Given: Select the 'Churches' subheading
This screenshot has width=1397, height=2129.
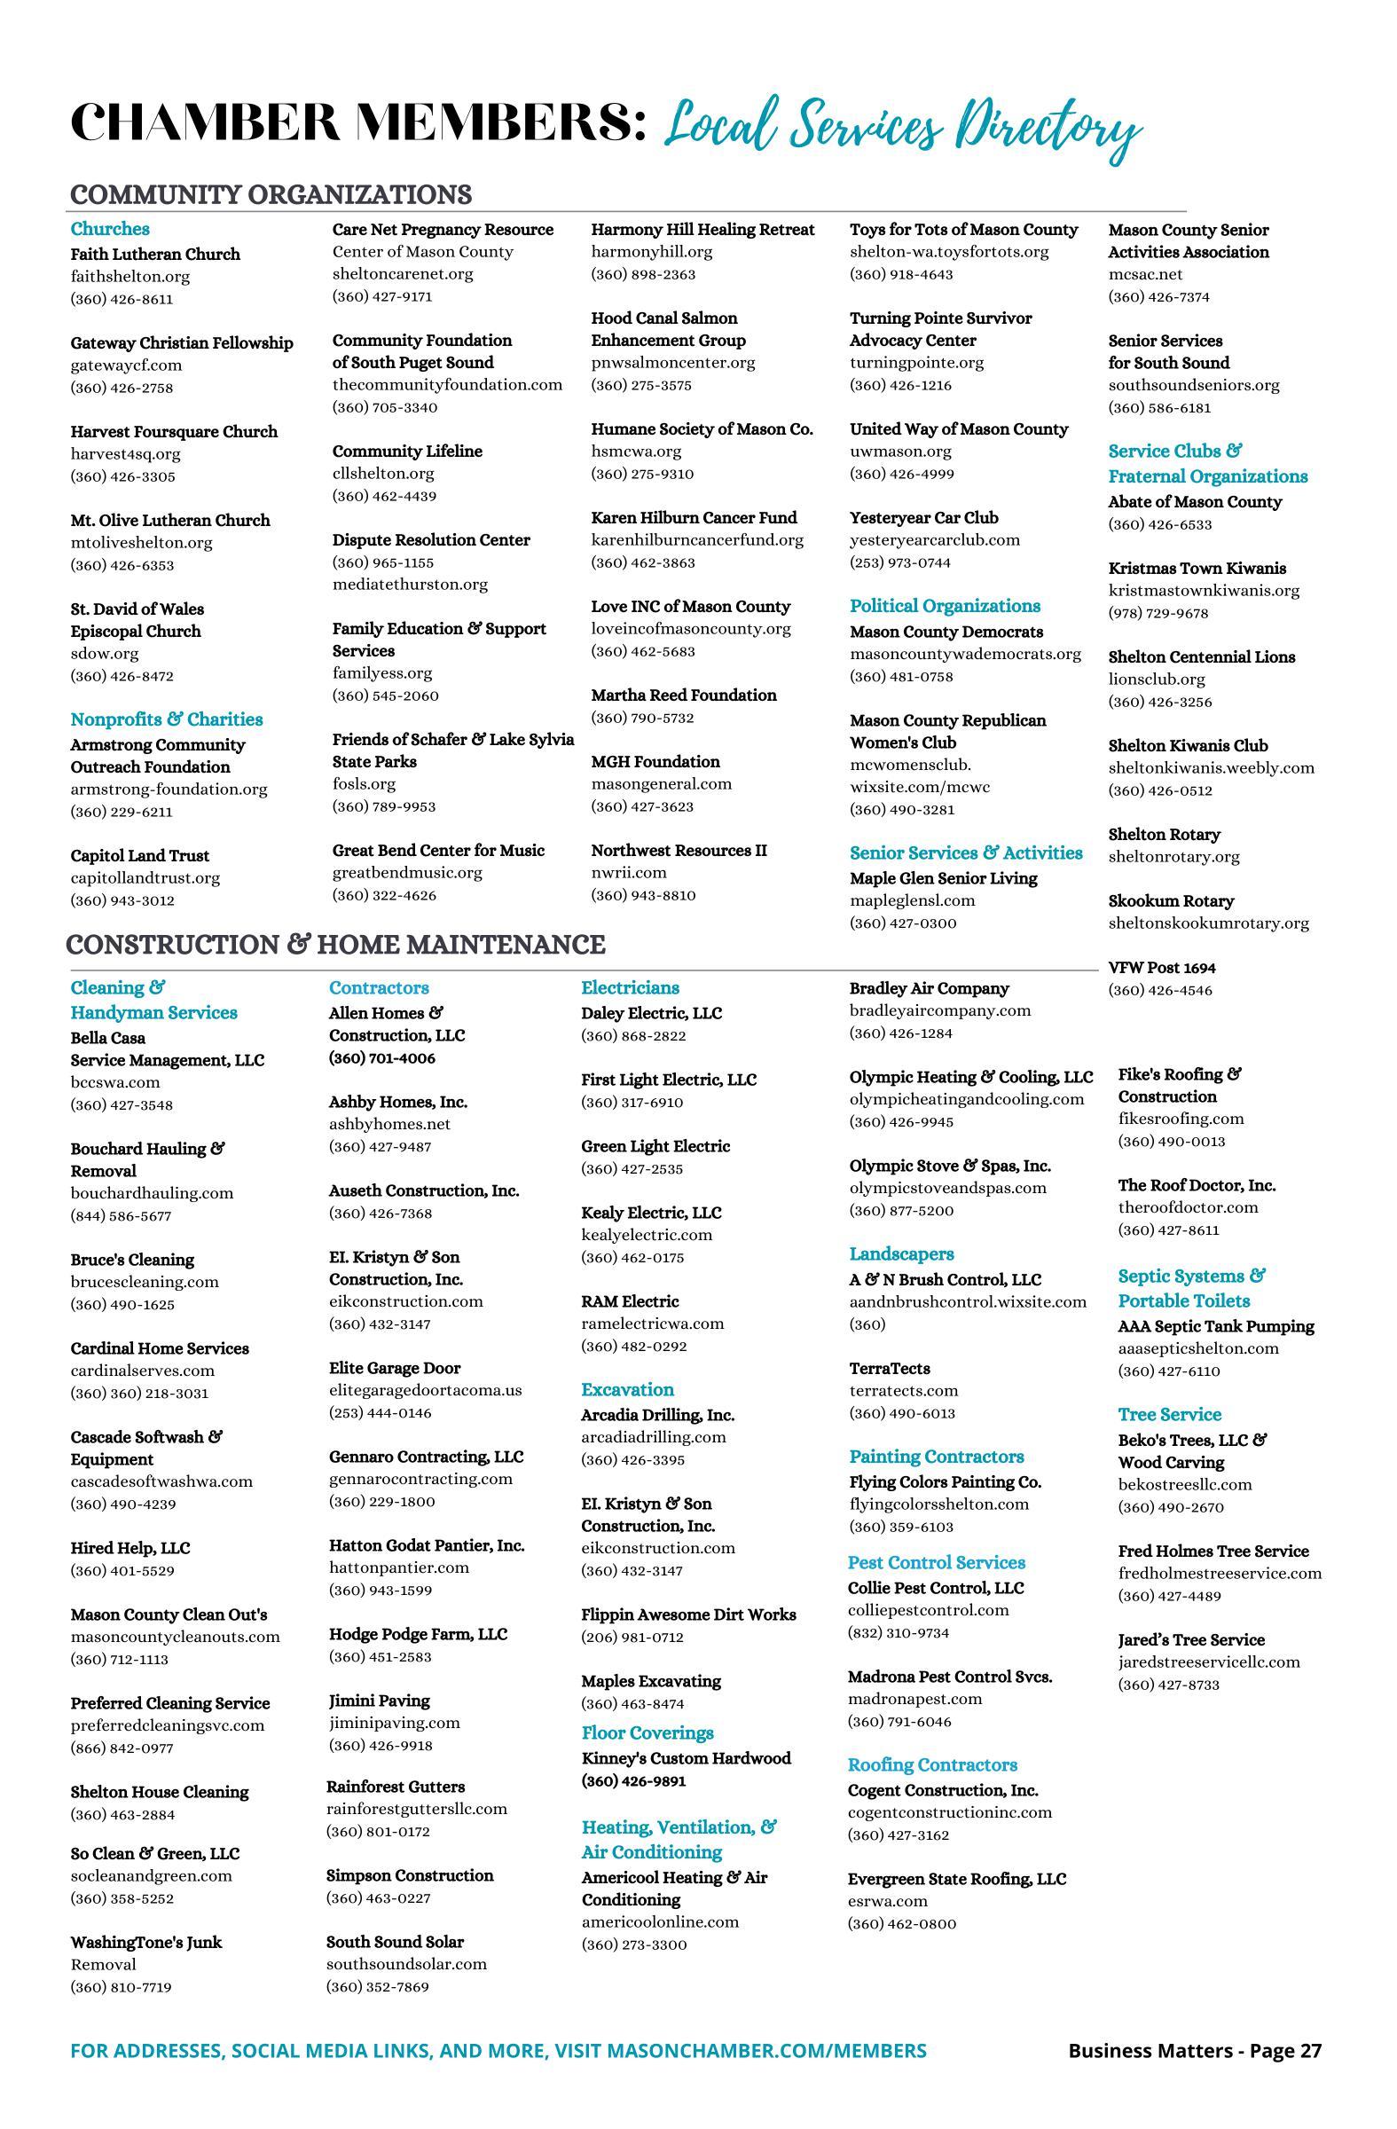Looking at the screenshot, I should tap(110, 229).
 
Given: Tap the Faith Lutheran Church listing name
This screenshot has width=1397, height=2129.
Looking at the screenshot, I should tap(155, 254).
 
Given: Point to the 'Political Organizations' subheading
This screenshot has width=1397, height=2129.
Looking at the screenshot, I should tap(945, 606).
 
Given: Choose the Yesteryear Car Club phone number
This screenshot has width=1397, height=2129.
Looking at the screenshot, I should tap(899, 562).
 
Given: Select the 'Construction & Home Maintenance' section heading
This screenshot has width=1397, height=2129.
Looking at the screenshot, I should tap(335, 945).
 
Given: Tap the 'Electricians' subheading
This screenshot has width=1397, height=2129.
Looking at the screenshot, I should tap(630, 987).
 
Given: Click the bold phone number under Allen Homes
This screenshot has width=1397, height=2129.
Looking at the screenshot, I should tap(382, 1057).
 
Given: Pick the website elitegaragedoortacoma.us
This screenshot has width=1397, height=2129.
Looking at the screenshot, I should tap(425, 1390).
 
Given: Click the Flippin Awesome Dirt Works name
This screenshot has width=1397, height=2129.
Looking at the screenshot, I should tap(687, 1614).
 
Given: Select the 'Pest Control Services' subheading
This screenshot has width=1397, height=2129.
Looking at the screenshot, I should tap(937, 1563).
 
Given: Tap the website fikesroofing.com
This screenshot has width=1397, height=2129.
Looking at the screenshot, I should tap(1181, 1119).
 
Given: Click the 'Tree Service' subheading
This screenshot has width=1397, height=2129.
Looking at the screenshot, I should tap(1169, 1414).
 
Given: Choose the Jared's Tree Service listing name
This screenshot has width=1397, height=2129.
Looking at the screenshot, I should tap(1190, 1639).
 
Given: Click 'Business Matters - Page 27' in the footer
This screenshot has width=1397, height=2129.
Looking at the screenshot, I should tap(1194, 2050).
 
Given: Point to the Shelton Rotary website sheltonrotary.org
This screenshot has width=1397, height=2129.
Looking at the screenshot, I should tap(1173, 856).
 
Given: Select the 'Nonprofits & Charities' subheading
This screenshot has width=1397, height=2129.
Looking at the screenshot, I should tap(167, 719).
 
